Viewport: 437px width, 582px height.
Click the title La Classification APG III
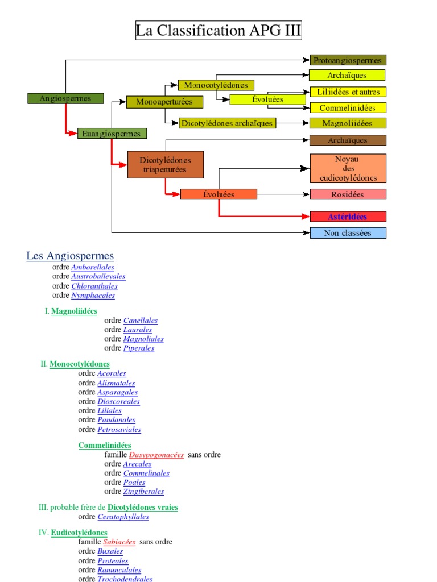point(218,30)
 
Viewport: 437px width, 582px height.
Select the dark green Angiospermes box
point(66,98)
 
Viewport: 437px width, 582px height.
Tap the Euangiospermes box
point(112,134)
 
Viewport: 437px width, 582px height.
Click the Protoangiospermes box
point(348,60)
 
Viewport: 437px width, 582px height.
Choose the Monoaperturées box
point(164,102)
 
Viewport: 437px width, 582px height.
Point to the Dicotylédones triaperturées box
point(166,165)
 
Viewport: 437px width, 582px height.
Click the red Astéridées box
point(348,217)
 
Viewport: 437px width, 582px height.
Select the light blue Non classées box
point(348,233)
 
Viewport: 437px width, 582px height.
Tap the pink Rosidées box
point(348,194)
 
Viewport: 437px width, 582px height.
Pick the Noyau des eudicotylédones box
point(348,169)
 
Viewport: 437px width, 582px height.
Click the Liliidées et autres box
point(348,92)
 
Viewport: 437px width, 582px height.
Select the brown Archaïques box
point(348,140)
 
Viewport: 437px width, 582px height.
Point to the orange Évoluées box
point(218,194)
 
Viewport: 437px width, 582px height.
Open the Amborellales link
point(93,267)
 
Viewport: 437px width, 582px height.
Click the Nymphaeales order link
point(93,296)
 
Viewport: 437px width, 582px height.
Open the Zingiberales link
point(144,492)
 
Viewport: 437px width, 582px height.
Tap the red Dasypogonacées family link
point(156,455)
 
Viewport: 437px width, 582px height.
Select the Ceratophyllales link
point(123,517)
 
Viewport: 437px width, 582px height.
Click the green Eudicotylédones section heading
point(79,533)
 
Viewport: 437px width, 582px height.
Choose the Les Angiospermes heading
point(70,256)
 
